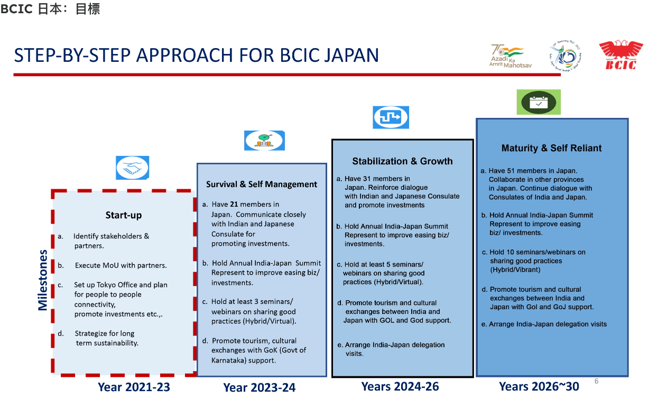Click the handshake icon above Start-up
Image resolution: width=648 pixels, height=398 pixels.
(132, 168)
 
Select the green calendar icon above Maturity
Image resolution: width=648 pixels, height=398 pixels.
(538, 102)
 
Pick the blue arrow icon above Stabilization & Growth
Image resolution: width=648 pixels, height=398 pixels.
(391, 117)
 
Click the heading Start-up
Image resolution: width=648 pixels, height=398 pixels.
(124, 215)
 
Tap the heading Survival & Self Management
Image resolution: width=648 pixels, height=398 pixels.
(262, 184)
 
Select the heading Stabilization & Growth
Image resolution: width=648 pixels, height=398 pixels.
(402, 161)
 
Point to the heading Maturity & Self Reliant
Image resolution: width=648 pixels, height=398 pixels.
(551, 148)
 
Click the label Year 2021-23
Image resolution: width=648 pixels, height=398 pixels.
(134, 387)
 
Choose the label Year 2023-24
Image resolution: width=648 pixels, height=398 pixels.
(259, 387)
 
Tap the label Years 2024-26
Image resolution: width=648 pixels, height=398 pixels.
(400, 386)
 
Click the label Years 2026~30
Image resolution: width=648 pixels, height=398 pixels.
(539, 386)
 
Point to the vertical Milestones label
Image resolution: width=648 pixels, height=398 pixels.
(43, 280)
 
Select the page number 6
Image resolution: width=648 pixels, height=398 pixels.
(596, 381)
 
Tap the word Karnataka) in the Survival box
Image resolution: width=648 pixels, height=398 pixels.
(230, 360)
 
